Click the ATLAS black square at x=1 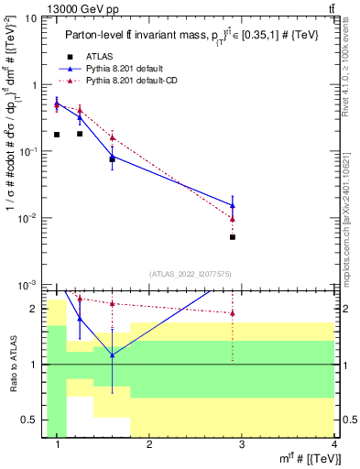[x=57, y=135]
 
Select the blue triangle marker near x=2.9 [x=234, y=205]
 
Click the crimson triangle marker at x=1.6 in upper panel [x=112, y=137]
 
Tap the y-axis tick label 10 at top [x=31, y=18]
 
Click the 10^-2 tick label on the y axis [x=28, y=219]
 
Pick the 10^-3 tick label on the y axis [x=28, y=286]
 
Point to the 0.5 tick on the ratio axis [x=29, y=420]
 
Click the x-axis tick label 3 [x=241, y=446]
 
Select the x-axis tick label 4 [x=333, y=446]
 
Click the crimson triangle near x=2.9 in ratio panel [x=234, y=313]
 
